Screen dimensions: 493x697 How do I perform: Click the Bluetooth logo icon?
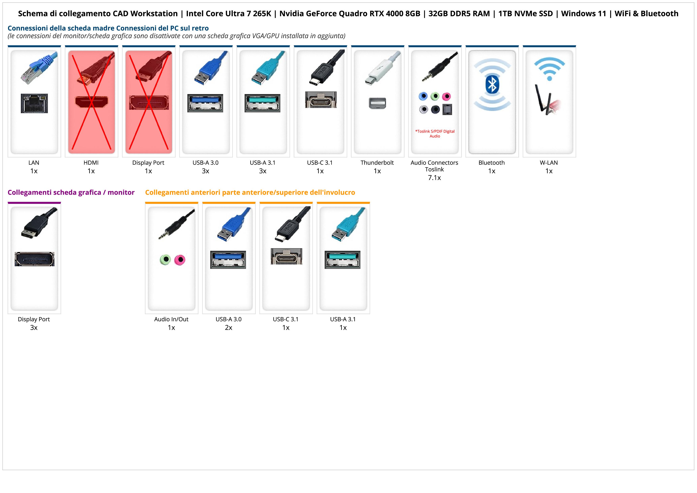click(x=492, y=85)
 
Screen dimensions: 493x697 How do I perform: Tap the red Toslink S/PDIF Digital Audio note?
click(x=435, y=134)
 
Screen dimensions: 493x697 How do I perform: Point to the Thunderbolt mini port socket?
click(x=377, y=103)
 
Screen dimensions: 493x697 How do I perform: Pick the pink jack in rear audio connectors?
click(x=446, y=97)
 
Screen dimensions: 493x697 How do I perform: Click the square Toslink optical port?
click(x=447, y=109)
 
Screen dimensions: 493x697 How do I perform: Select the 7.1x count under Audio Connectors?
click(x=434, y=178)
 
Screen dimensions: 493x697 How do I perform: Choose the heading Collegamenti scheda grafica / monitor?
click(x=71, y=192)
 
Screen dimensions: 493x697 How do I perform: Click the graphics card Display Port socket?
click(x=35, y=259)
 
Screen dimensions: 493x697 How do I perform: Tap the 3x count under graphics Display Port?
click(x=34, y=328)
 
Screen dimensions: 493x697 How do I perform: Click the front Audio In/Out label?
click(x=171, y=319)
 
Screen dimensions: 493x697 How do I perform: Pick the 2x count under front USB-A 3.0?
click(x=228, y=328)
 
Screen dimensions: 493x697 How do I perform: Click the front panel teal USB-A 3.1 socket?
click(x=343, y=260)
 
